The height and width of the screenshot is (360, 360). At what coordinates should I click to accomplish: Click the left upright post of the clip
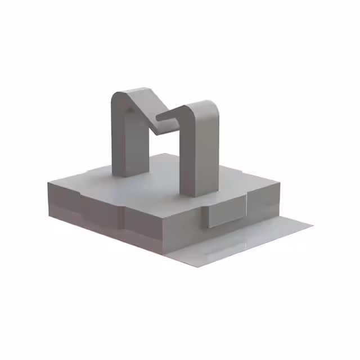click(129, 141)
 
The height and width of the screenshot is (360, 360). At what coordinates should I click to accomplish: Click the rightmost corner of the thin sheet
click(313, 223)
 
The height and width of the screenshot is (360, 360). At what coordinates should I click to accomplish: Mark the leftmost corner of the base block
click(48, 183)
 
